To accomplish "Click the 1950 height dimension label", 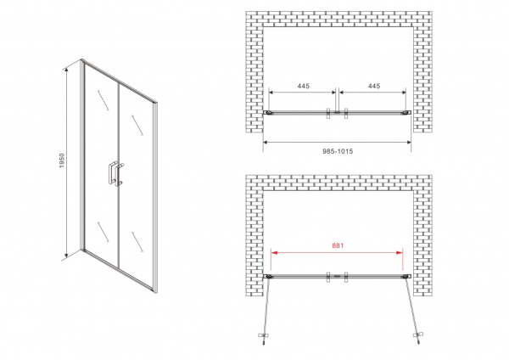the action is point(62,160).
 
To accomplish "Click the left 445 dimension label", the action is point(304,86).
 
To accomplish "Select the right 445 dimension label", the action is point(374,86).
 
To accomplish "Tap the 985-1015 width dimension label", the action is point(338,151).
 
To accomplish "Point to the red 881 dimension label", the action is point(338,245).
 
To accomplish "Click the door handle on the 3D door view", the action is point(115,173).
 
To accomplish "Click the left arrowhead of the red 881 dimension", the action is point(274,252).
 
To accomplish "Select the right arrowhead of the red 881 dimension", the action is point(400,252).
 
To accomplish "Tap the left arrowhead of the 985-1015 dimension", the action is point(266,142).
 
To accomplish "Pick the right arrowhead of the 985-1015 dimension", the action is point(408,142).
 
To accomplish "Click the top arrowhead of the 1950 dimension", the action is point(66,69).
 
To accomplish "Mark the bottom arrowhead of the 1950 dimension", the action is point(66,255).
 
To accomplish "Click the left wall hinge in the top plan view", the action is point(268,112).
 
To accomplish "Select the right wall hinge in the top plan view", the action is point(406,112).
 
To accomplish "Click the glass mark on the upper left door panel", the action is point(103,100).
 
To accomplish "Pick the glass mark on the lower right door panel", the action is point(137,242).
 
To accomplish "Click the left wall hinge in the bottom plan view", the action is point(268,277).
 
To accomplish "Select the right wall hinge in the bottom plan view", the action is point(406,277).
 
